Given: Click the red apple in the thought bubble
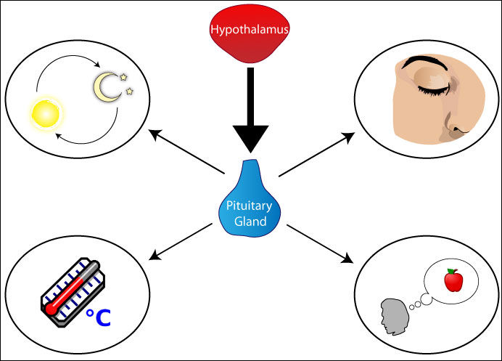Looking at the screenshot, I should click(x=453, y=280).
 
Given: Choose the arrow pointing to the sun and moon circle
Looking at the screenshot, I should click(x=186, y=153).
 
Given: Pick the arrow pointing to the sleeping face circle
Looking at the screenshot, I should click(x=316, y=155).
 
